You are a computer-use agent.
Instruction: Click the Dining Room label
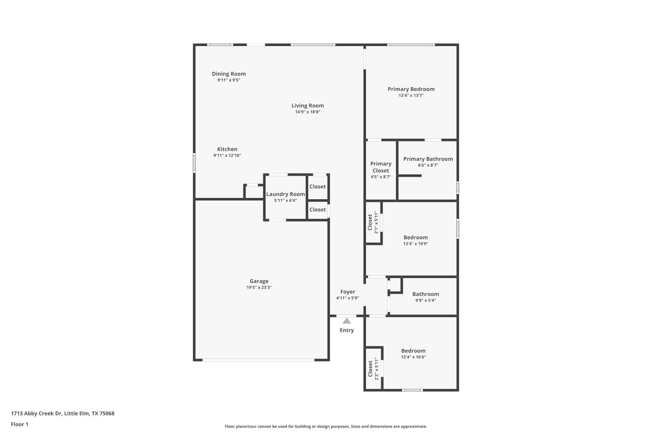[229, 74]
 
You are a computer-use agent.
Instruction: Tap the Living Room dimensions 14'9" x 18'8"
[308, 112]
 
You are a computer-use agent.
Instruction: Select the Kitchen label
[227, 149]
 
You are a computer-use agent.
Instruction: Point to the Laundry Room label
[286, 194]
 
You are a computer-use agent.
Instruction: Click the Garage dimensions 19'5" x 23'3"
[259, 288]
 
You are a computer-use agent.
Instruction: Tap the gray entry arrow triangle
[346, 321]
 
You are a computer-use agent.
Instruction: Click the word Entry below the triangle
[346, 330]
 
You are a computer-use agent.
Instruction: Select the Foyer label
[348, 292]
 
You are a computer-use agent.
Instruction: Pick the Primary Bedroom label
[411, 89]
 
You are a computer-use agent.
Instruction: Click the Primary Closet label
[381, 167]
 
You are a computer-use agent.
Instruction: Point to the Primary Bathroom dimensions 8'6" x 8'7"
[428, 165]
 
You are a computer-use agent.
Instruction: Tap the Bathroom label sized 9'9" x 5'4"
[426, 294]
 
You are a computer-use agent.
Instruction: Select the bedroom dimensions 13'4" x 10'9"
[416, 244]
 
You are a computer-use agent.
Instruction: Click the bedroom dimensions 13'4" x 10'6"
[413, 357]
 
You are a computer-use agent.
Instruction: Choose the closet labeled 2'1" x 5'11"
[373, 222]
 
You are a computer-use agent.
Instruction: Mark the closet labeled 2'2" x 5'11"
[373, 369]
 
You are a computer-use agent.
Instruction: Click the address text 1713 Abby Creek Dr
[37, 414]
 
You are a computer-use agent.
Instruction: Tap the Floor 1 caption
[20, 424]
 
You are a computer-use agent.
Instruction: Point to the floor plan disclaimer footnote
[326, 427]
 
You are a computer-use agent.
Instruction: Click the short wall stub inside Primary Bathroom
[410, 176]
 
